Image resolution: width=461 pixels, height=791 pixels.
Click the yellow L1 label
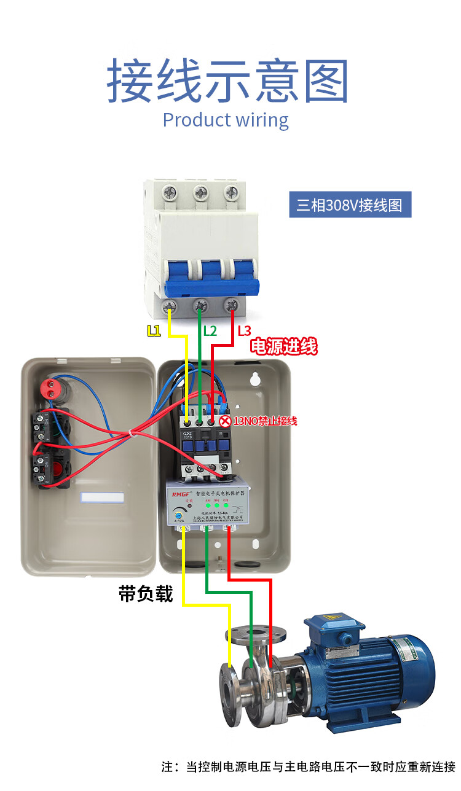pyautogui.click(x=154, y=331)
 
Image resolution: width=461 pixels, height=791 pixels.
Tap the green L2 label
pyautogui.click(x=210, y=331)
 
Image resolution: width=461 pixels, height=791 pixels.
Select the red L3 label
pyautogui.click(x=244, y=331)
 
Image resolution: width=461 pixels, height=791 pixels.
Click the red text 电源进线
pyautogui.click(x=283, y=346)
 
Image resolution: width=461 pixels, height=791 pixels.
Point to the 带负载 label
pyautogui.click(x=146, y=594)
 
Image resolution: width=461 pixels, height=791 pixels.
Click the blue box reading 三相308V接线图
pyautogui.click(x=350, y=205)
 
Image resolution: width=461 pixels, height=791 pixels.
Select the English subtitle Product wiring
pyautogui.click(x=226, y=120)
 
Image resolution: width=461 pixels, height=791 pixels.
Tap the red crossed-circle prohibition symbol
pyautogui.click(x=225, y=421)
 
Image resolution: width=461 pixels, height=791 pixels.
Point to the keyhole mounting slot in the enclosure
pyautogui.click(x=255, y=380)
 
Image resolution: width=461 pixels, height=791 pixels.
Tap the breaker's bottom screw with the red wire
pyautogui.click(x=232, y=305)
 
